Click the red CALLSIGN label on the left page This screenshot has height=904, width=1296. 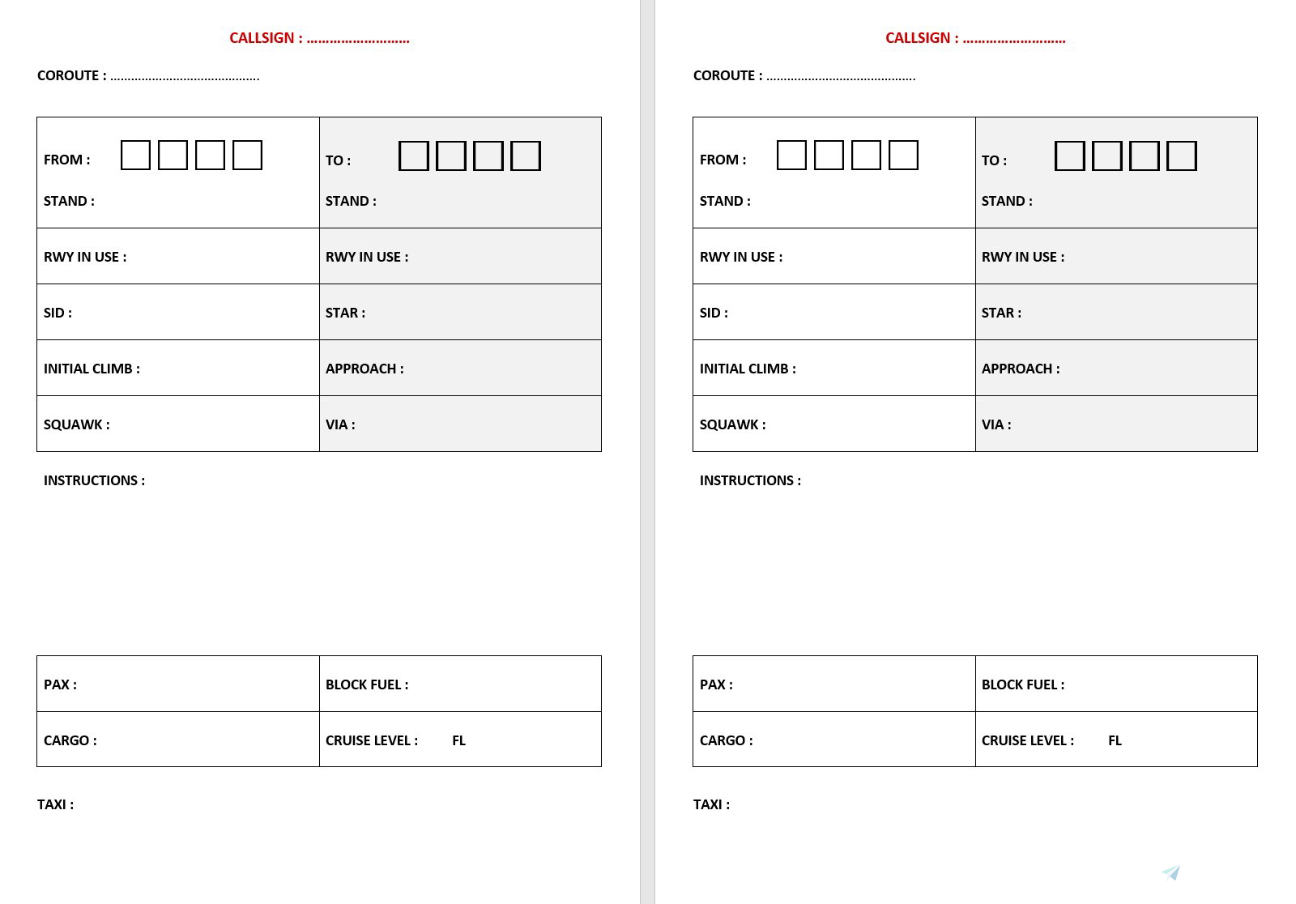point(266,38)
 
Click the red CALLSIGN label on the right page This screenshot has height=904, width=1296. point(922,38)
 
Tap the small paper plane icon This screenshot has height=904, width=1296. point(1170,872)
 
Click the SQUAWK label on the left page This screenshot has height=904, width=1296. point(76,424)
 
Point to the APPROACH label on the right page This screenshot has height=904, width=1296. point(1020,369)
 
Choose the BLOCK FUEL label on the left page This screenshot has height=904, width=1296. point(367,684)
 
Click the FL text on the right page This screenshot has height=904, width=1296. point(1115,740)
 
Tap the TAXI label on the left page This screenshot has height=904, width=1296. point(55,804)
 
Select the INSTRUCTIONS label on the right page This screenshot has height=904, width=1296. point(750,480)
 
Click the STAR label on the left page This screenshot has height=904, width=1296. point(345,313)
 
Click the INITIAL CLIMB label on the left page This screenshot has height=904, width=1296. point(92,369)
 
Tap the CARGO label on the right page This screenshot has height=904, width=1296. point(726,740)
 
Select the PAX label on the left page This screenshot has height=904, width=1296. point(60,684)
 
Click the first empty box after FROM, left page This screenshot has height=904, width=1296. point(135,155)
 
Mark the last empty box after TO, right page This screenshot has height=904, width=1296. point(1181,156)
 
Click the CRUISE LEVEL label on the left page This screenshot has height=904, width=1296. point(372,740)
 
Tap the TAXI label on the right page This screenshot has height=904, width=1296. point(711,804)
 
